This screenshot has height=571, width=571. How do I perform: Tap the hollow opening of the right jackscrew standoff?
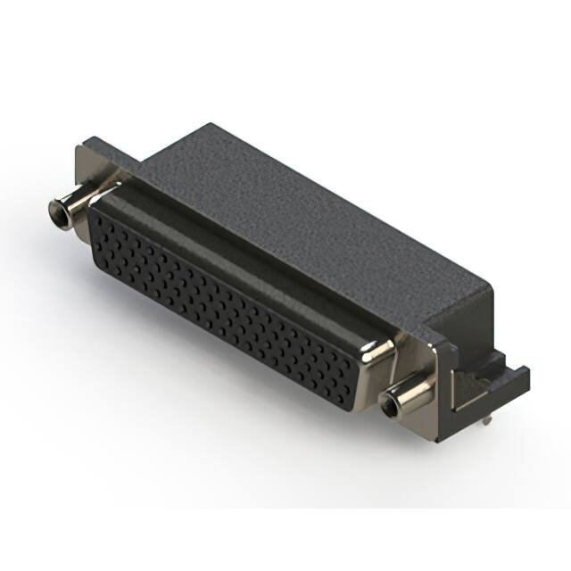coord(390,407)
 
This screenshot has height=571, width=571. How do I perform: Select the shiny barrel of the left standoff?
coord(76,203)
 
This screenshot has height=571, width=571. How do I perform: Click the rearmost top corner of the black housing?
coord(211,125)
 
